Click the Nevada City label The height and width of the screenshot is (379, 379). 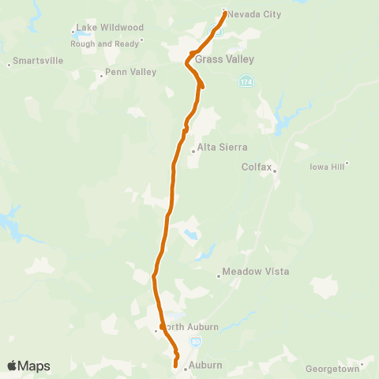[x=254, y=14]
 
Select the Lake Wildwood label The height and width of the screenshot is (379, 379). [x=110, y=27]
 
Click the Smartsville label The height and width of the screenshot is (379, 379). [x=37, y=64]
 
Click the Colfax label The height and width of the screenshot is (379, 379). [x=257, y=167]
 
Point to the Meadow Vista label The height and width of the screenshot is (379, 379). [x=256, y=272]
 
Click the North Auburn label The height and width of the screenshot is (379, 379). [x=189, y=326]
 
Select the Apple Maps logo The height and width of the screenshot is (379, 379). [x=28, y=366]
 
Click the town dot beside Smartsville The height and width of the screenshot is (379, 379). [x=9, y=65]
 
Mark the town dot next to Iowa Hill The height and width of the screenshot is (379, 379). [x=346, y=164]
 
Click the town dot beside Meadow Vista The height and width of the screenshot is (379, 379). [x=219, y=276]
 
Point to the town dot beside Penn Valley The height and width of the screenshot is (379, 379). [x=102, y=77]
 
